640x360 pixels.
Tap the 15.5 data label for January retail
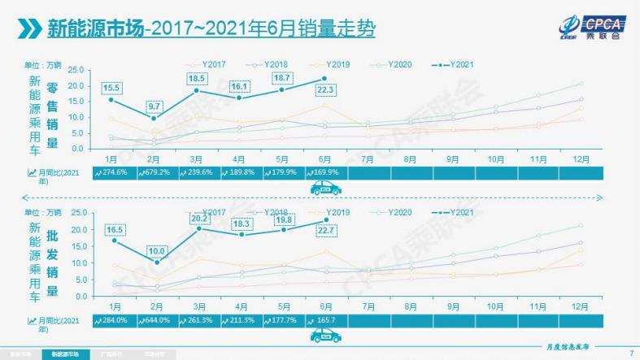click(x=112, y=87)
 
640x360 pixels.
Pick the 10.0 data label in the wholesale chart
click(x=156, y=251)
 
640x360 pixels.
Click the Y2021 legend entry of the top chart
click(x=453, y=63)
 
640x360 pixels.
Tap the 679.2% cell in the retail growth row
click(x=158, y=172)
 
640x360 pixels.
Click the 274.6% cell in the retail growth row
click(x=114, y=172)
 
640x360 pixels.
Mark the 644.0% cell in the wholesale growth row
click(x=158, y=320)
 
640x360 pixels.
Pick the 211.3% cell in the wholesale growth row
click(x=243, y=320)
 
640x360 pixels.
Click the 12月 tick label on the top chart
click(x=579, y=159)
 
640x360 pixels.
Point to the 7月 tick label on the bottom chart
click(x=368, y=307)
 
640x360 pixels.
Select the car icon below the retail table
click(x=325, y=189)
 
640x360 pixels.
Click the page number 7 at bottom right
click(x=631, y=353)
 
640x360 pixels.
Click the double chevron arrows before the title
click(x=29, y=29)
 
